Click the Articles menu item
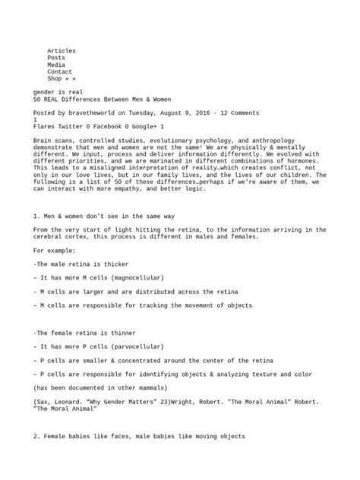tap(62, 51)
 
